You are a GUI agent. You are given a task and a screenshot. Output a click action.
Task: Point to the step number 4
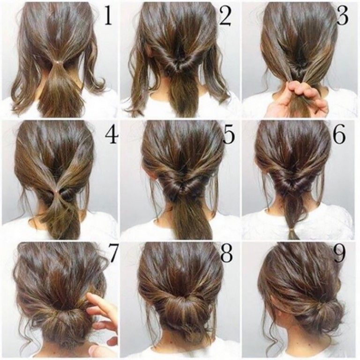point(112,136)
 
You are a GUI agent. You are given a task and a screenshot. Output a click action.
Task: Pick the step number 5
point(229,135)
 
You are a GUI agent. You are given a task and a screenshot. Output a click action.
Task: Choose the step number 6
point(339,135)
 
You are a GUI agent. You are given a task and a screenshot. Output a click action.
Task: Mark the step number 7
point(113,254)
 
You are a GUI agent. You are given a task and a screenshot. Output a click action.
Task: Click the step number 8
point(227,254)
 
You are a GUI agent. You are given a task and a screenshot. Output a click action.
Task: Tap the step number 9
point(339,254)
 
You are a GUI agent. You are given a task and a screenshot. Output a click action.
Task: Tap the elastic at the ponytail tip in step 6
point(292,229)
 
